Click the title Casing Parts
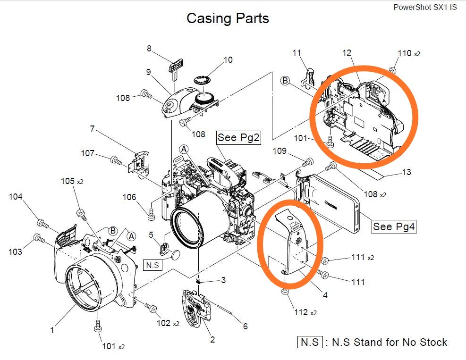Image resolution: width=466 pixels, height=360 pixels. [228, 18]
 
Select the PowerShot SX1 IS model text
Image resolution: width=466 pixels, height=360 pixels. [425, 7]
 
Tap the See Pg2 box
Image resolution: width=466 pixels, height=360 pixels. [239, 137]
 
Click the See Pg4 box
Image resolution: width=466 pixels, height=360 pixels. [394, 226]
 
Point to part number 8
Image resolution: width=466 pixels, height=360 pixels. [149, 48]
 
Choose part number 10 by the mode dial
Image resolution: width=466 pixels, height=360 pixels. [228, 60]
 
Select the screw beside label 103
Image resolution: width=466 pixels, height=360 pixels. [38, 237]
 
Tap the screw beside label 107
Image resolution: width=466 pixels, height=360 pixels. [115, 160]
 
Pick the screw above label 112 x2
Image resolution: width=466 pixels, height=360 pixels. [285, 293]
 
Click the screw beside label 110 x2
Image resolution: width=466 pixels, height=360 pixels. [392, 70]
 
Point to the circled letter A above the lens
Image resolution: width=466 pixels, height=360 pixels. [184, 149]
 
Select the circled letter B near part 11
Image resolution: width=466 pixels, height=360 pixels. [285, 81]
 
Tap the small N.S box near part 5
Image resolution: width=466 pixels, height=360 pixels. [153, 265]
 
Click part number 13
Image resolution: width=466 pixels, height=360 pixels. [406, 172]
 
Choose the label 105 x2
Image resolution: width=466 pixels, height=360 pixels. [72, 181]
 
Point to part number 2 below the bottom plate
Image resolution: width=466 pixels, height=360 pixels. [212, 339]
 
